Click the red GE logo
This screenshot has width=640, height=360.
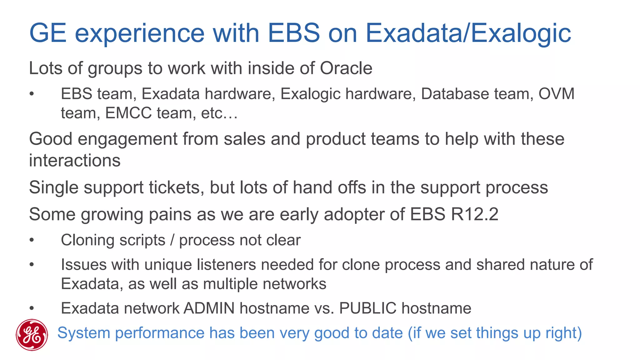point(32,335)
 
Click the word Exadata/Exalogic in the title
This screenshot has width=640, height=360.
point(468,33)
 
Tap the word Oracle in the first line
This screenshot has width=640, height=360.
point(346,68)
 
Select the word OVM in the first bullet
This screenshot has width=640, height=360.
point(556,94)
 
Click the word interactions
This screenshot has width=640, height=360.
point(75,161)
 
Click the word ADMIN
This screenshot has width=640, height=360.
point(209,308)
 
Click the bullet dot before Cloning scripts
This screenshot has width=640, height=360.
point(32,240)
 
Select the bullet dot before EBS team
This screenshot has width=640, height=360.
point(32,94)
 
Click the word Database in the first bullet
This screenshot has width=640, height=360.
point(455,94)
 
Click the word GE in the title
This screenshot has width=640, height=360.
point(48,33)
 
